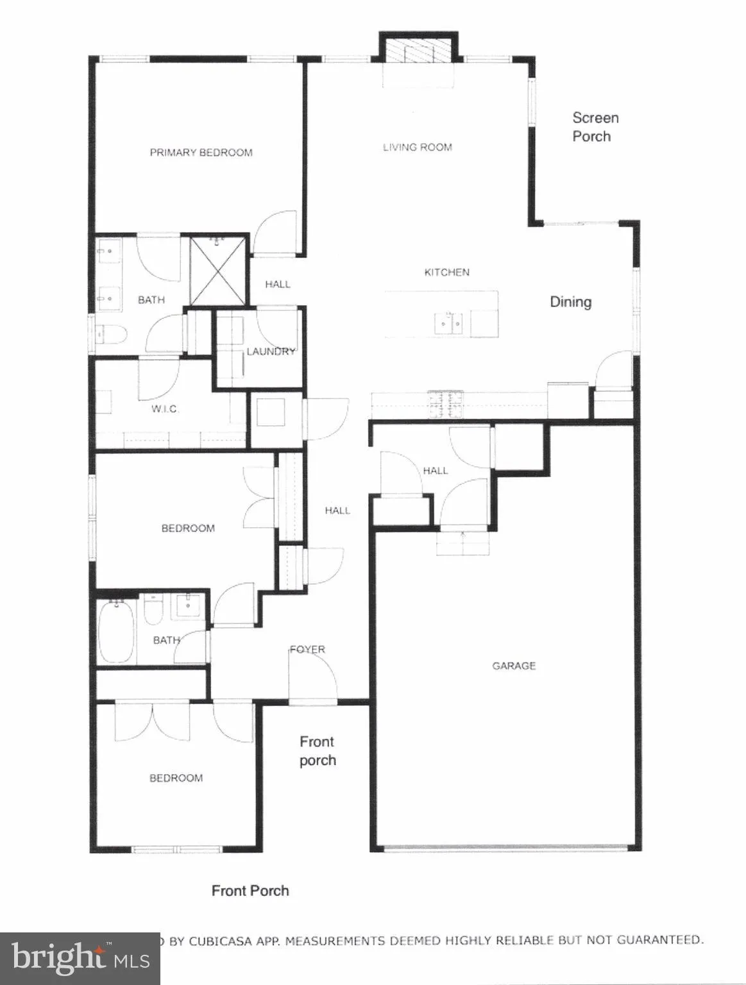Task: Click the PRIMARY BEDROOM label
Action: point(201,153)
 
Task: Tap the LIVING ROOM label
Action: point(418,147)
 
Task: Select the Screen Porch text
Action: point(595,127)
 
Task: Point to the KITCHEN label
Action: point(447,273)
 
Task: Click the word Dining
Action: point(570,302)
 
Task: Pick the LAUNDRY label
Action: point(271,351)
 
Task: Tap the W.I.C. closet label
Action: point(164,409)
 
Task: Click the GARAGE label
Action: point(514,666)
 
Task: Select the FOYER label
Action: point(307,650)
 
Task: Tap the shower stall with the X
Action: point(218,271)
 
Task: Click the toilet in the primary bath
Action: point(105,334)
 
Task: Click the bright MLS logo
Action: point(80,958)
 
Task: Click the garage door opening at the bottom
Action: point(507,848)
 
